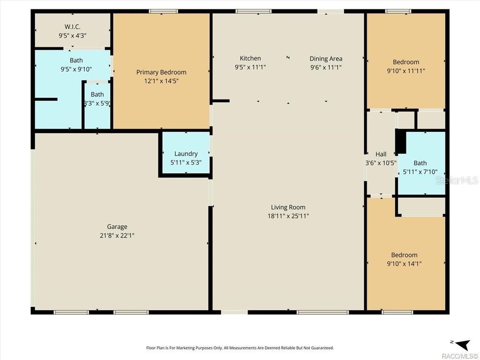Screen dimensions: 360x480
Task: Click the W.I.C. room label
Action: pos(73,26)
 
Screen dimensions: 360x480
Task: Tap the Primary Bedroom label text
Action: pos(161,72)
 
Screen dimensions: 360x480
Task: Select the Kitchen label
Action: pos(250,58)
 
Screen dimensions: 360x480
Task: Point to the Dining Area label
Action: pos(326,59)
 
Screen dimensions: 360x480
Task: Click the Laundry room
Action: pos(186,154)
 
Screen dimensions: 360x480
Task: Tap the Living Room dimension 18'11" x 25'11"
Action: pos(288,216)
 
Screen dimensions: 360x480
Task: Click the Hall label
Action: pos(381,154)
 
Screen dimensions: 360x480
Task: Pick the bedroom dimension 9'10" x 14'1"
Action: pos(404,264)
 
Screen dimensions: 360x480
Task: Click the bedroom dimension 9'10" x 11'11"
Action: pos(406,71)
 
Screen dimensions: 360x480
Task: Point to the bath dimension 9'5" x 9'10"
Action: pos(76,69)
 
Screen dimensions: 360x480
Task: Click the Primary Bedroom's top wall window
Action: pos(163,11)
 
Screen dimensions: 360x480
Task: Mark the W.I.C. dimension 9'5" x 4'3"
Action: pos(73,35)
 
